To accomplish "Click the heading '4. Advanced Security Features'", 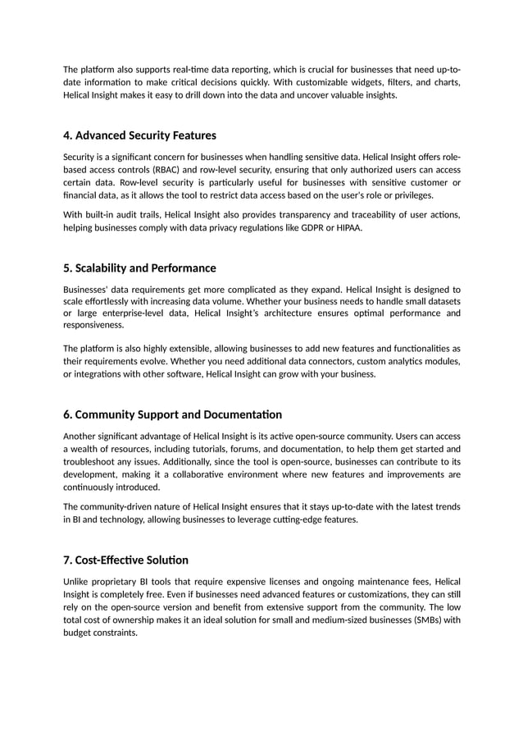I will [139, 135].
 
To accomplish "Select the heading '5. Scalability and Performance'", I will [139, 268].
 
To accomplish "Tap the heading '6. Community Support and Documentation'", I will [172, 414].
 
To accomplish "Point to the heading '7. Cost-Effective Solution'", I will [125, 560].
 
